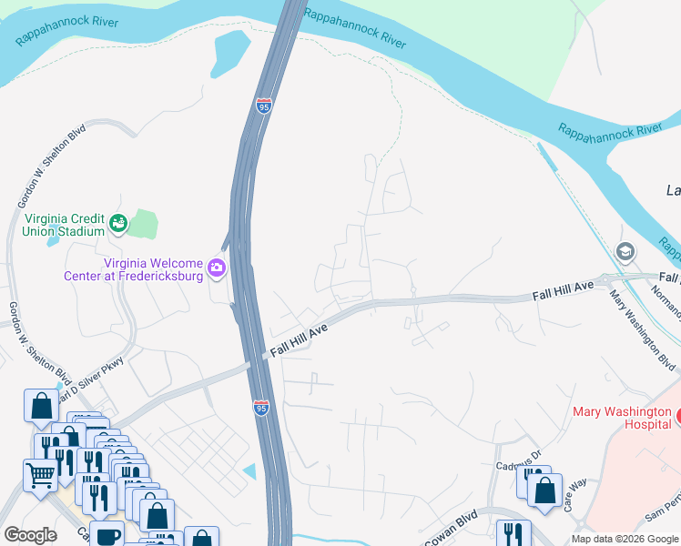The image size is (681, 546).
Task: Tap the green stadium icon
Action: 117,222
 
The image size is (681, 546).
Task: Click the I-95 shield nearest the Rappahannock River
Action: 264,106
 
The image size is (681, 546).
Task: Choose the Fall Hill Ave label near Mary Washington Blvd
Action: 563,291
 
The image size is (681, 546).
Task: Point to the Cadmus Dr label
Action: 519,464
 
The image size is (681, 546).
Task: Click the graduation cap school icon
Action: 625,252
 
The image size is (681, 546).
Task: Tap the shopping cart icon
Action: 40,473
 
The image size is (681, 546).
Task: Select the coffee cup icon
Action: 107,535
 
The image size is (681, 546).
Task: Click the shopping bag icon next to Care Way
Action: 544,490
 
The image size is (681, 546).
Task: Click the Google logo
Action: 30,535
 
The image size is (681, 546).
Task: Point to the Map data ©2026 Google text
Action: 625,539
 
